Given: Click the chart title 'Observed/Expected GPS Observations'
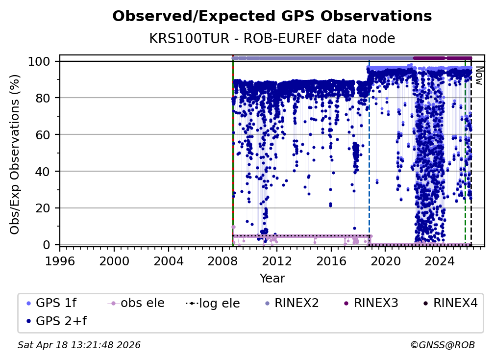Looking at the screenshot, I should [x=272, y=17].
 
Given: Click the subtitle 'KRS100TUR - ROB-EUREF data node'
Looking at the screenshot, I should [x=272, y=38].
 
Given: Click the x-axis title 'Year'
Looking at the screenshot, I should [x=272, y=279].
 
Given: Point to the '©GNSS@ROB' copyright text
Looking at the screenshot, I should [x=442, y=345].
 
